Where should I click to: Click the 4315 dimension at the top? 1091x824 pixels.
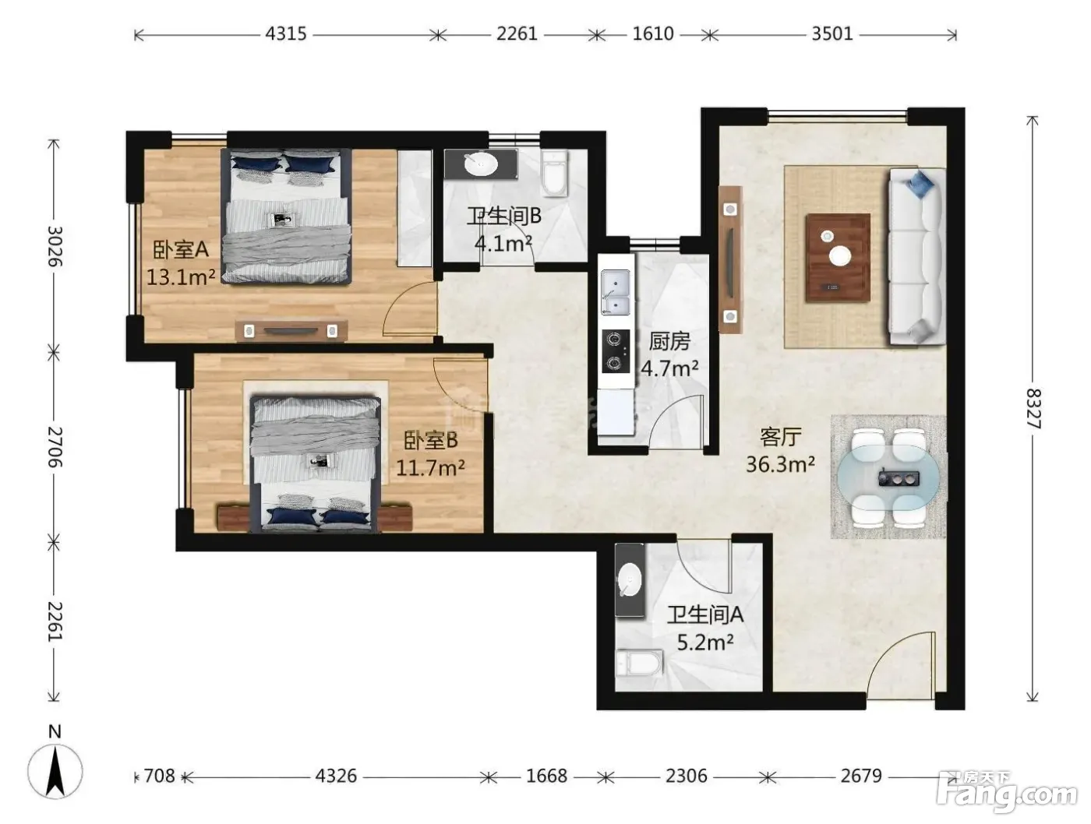pos(285,33)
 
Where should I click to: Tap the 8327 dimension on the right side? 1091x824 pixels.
pos(1033,408)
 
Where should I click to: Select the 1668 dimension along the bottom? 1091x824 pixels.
pos(547,776)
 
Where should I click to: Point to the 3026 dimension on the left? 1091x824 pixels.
pos(55,246)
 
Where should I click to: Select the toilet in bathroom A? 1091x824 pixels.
pos(640,662)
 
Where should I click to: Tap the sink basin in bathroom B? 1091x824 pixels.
pos(481,164)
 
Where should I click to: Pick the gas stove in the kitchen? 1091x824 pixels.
pos(616,352)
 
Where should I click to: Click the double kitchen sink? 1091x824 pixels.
pos(616,292)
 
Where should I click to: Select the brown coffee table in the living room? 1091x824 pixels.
pos(838,258)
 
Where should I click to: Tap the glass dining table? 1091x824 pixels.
pos(888,477)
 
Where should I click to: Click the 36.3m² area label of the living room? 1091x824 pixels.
pos(780,464)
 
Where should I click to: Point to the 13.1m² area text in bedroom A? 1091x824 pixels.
pos(181,277)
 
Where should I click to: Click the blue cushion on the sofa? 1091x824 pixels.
pos(920,184)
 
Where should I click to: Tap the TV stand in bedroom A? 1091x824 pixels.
pos(291,331)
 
